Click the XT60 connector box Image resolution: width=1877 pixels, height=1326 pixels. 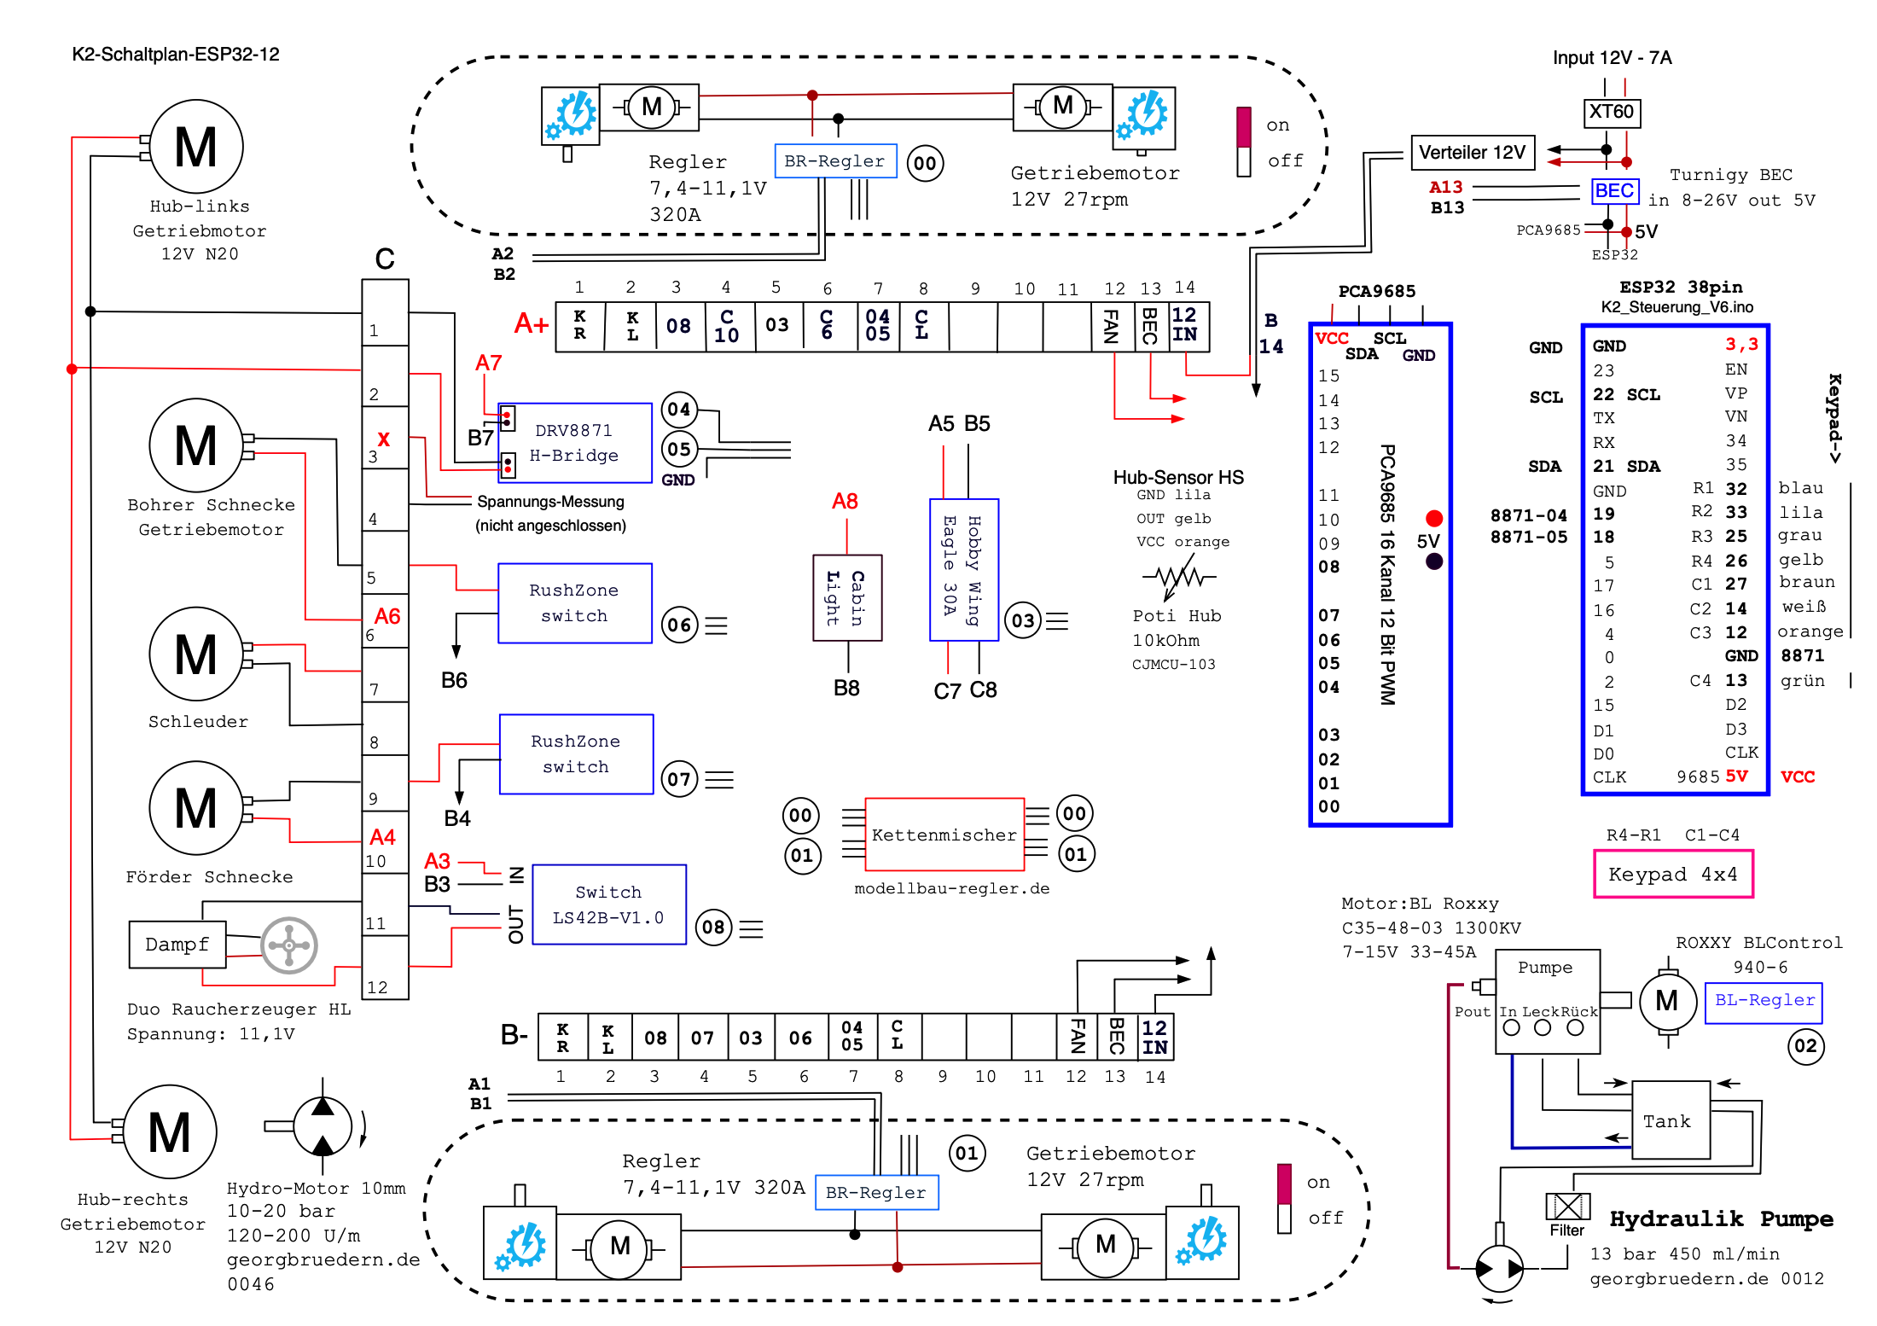tap(1612, 112)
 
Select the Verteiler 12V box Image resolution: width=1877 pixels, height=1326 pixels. tap(1472, 153)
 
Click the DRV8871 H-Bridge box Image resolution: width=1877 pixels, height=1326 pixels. tap(574, 443)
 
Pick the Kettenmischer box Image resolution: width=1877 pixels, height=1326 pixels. tap(944, 835)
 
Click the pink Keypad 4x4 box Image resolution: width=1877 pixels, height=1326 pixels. tap(1673, 874)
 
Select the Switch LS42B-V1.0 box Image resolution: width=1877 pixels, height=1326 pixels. tap(609, 904)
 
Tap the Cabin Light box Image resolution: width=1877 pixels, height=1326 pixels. tap(847, 597)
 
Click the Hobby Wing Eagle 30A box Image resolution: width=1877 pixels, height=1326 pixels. tap(964, 569)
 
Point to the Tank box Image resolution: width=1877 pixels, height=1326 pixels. tap(1671, 1120)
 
